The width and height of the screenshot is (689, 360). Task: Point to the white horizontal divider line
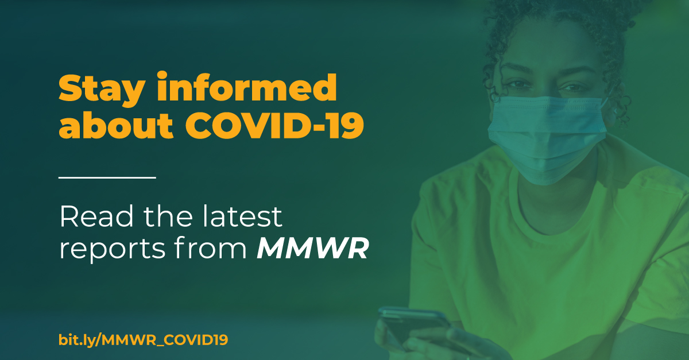click(107, 177)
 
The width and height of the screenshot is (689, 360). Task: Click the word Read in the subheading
click(92, 217)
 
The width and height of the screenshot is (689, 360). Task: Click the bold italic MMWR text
click(312, 250)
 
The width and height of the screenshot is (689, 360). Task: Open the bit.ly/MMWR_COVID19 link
click(143, 339)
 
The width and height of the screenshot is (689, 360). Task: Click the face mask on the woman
click(545, 135)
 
